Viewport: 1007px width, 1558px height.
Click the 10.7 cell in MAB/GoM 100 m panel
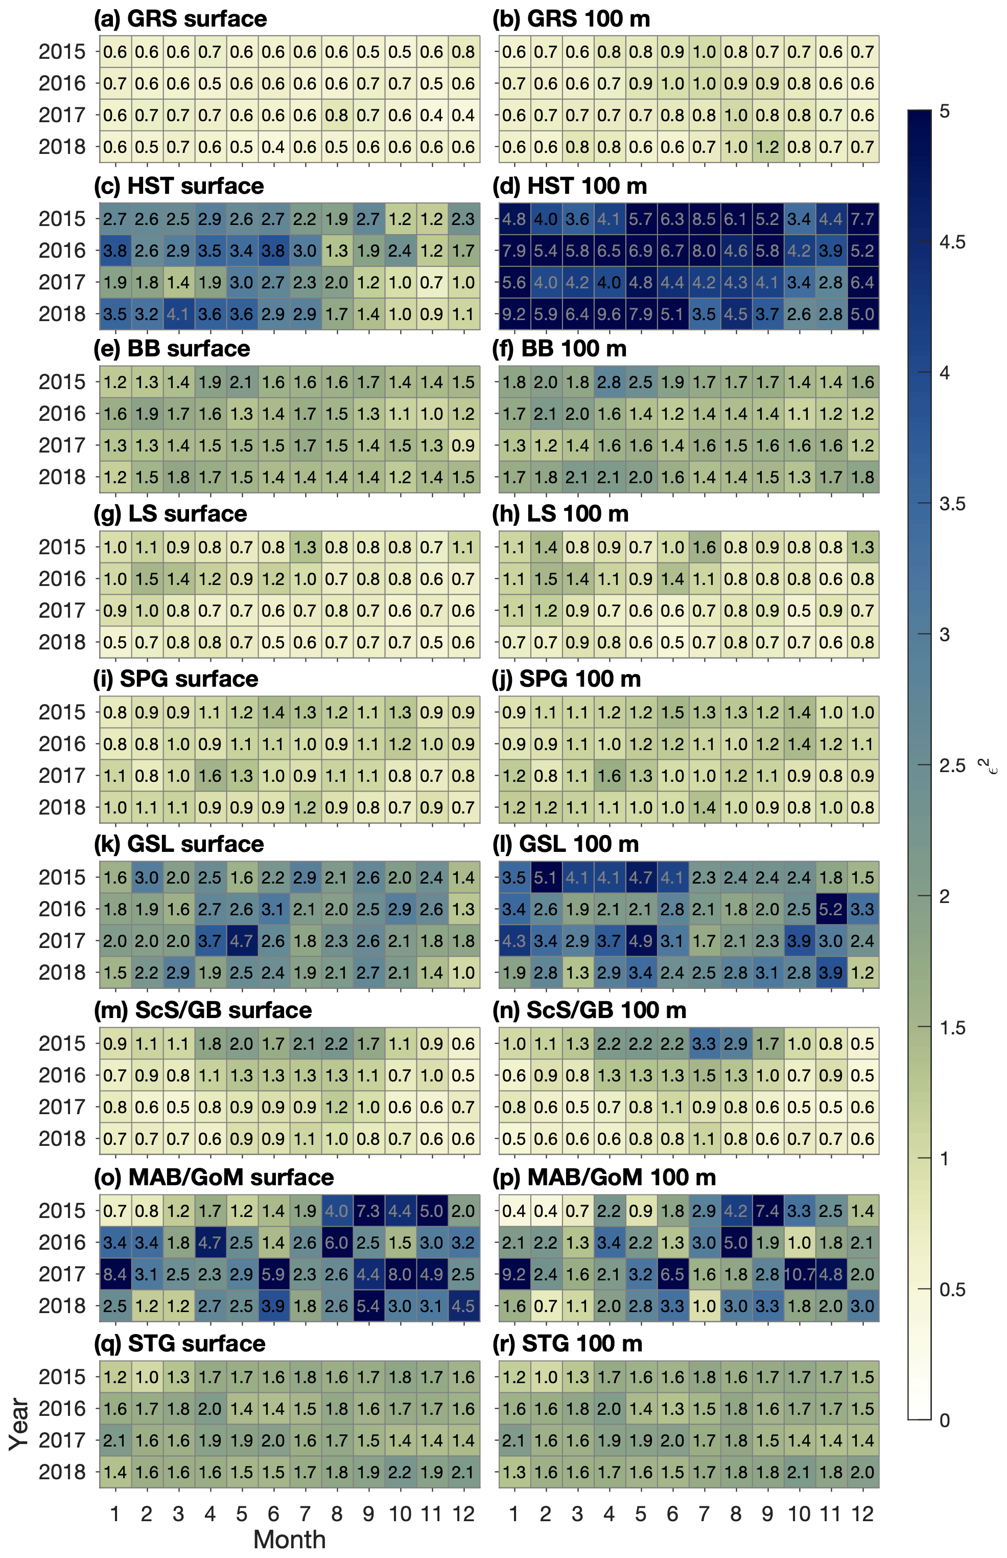click(799, 1274)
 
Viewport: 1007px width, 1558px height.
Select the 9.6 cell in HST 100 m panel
click(609, 314)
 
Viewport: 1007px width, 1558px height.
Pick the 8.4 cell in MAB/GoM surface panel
click(115, 1274)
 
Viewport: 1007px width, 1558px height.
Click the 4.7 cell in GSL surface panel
click(241, 941)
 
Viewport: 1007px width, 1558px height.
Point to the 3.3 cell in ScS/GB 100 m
click(704, 1044)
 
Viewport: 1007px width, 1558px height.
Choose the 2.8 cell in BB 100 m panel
click(609, 382)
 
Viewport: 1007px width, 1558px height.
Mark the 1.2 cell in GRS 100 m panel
click(768, 147)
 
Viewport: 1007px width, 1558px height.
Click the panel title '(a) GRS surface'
click(180, 19)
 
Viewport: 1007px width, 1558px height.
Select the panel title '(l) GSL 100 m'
click(566, 844)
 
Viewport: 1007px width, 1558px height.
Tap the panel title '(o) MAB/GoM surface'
click(214, 1177)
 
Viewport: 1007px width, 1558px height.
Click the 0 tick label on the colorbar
click(944, 1420)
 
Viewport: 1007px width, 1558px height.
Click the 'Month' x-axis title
click(289, 1540)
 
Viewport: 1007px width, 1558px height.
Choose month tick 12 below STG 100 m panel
click(862, 1514)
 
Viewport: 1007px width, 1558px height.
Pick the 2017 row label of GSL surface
click(62, 941)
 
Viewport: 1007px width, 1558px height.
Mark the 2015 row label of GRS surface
click(62, 52)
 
